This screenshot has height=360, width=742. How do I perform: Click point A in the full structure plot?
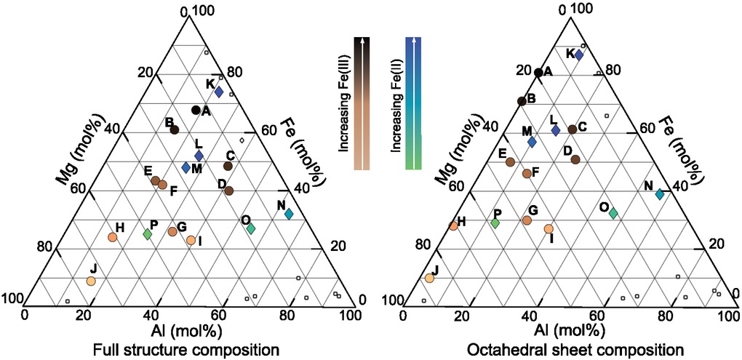click(x=196, y=110)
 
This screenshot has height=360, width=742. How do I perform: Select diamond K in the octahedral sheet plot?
click(x=579, y=55)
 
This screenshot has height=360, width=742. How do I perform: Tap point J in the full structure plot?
click(x=91, y=281)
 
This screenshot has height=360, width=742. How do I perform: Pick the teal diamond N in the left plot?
click(x=289, y=215)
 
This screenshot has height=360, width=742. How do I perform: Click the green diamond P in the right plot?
click(x=495, y=223)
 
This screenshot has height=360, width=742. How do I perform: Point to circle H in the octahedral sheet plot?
click(x=453, y=225)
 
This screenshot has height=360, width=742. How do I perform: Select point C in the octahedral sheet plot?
click(x=573, y=129)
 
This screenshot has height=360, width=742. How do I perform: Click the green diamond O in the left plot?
click(x=251, y=228)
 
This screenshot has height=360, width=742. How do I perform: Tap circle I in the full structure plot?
click(x=191, y=240)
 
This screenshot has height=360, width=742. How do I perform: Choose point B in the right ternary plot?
click(x=522, y=101)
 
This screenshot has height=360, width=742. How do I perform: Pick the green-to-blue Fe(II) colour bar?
click(x=413, y=102)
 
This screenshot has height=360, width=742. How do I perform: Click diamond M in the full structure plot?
click(x=186, y=167)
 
